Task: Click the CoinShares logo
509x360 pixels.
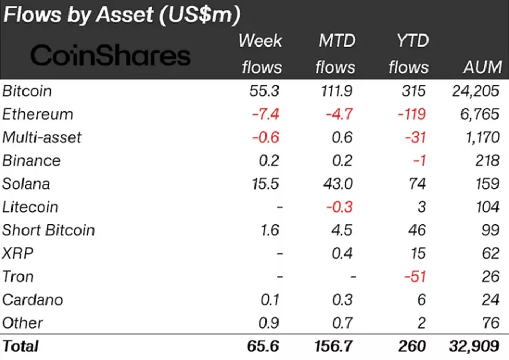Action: point(110,55)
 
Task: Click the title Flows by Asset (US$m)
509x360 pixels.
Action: point(122,15)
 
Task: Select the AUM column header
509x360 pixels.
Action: point(482,67)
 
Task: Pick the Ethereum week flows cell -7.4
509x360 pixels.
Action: point(265,114)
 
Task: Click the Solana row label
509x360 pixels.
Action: point(27,184)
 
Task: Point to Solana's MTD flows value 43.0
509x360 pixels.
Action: point(338,184)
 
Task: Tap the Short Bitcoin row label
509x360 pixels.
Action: point(49,230)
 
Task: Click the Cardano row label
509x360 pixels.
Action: point(33,299)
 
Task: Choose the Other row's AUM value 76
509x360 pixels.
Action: point(491,322)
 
